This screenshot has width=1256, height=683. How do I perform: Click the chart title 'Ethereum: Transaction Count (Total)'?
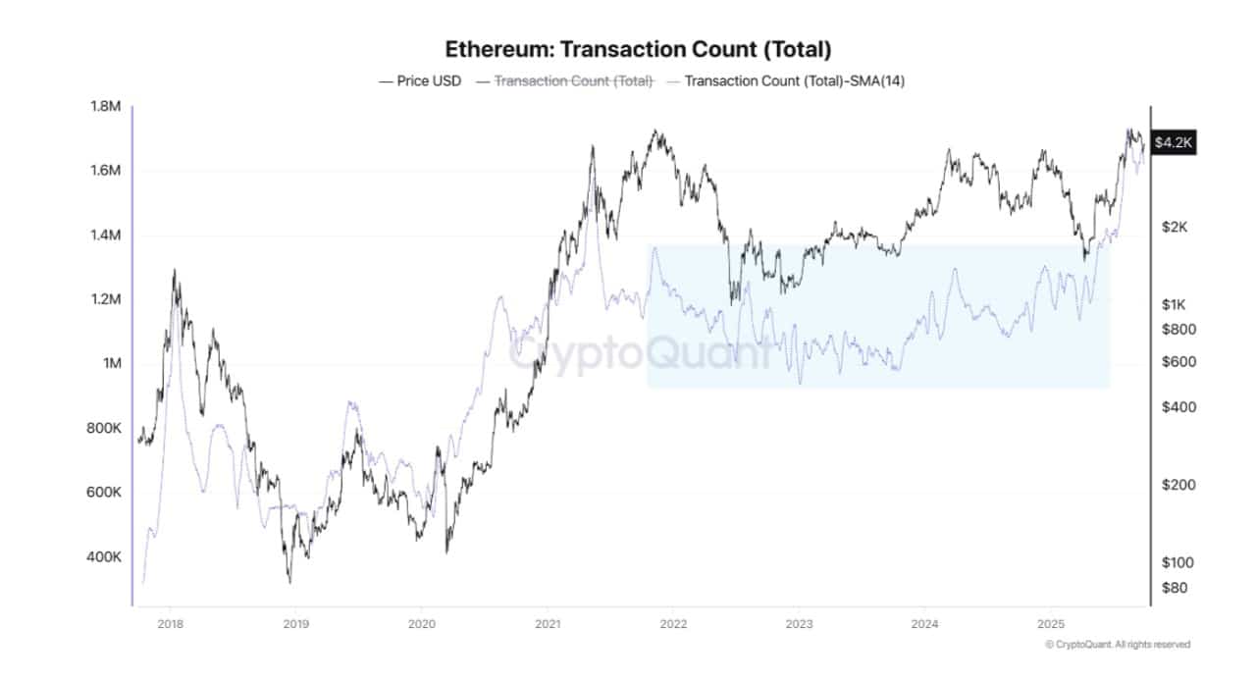click(x=638, y=48)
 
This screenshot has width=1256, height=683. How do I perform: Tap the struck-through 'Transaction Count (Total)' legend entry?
click(x=573, y=80)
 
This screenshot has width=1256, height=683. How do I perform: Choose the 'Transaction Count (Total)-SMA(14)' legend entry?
click(x=794, y=80)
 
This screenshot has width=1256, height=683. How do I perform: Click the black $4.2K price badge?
click(x=1174, y=143)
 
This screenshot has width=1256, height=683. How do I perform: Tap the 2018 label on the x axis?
click(x=170, y=622)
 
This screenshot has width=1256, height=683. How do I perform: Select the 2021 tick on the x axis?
click(x=548, y=622)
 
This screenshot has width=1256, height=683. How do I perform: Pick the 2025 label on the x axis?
click(x=1051, y=622)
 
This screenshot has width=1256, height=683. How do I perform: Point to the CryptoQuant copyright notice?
click(x=1118, y=645)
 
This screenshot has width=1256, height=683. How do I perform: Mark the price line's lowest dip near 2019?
click(x=289, y=582)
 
